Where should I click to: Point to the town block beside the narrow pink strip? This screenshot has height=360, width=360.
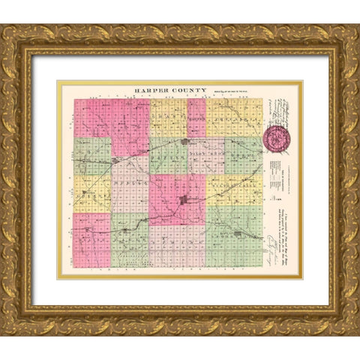point(184,141)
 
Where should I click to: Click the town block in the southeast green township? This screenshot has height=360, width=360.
point(238,234)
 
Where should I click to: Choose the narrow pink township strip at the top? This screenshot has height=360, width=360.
point(196,118)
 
